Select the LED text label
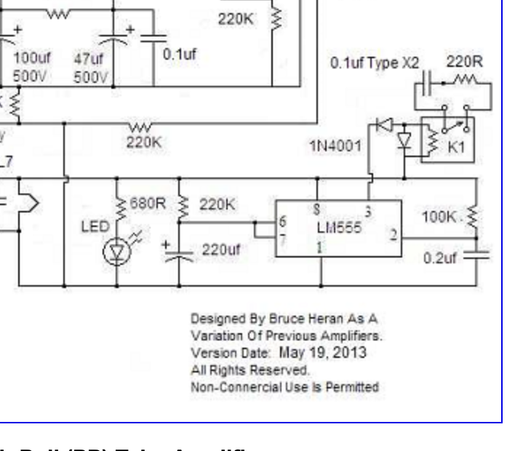pyautogui.click(x=92, y=228)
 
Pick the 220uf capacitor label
pyautogui.click(x=221, y=250)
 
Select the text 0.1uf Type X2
pyautogui.click(x=375, y=64)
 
